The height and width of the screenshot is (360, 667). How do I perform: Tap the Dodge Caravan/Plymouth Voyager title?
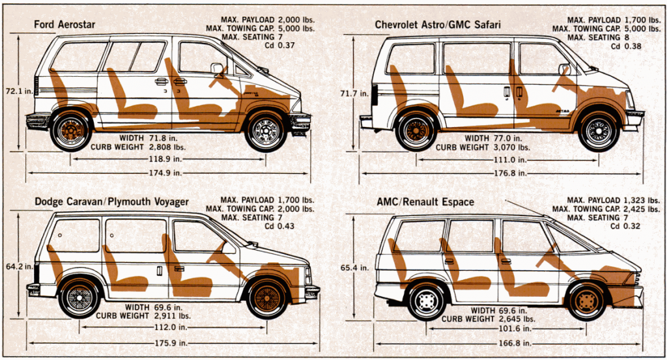[111, 202]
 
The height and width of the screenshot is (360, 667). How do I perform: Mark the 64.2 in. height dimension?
[19, 266]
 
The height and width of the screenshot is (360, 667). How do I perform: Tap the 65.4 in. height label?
[355, 267]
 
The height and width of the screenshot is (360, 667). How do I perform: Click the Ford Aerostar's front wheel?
[265, 131]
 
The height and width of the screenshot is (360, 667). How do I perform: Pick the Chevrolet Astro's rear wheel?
[416, 130]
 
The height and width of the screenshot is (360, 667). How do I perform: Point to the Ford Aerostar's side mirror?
[217, 68]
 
